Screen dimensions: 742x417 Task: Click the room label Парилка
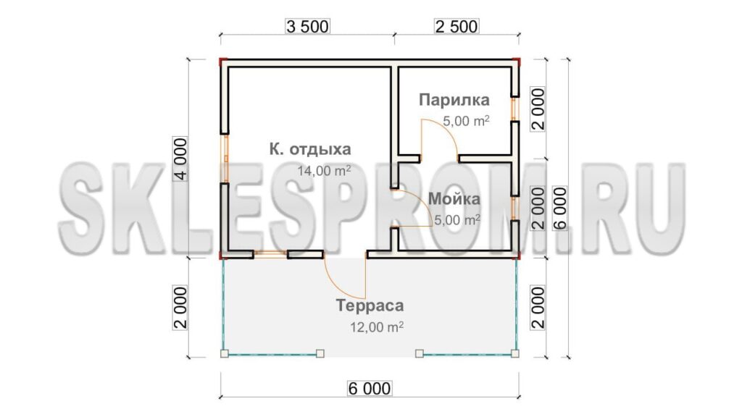(454, 100)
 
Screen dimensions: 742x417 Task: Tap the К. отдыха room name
(310, 149)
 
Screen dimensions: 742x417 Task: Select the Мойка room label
(454, 199)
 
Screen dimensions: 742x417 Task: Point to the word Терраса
(370, 306)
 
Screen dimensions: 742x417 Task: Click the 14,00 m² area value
(324, 170)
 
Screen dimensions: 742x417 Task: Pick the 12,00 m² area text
(377, 327)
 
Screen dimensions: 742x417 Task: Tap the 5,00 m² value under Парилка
(466, 121)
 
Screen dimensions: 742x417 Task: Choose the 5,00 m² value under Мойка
(457, 220)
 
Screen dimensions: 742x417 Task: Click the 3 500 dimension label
(307, 27)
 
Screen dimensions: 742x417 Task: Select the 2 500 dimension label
(457, 27)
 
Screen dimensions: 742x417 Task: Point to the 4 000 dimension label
(180, 159)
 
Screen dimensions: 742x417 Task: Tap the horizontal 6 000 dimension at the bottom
(370, 389)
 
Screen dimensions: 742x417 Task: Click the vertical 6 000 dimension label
(560, 208)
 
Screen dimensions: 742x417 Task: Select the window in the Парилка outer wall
(515, 109)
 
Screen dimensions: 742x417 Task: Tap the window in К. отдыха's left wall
(225, 159)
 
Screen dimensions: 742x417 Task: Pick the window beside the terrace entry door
(270, 254)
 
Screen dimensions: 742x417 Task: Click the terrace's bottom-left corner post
(225, 353)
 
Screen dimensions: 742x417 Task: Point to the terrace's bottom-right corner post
(515, 353)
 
